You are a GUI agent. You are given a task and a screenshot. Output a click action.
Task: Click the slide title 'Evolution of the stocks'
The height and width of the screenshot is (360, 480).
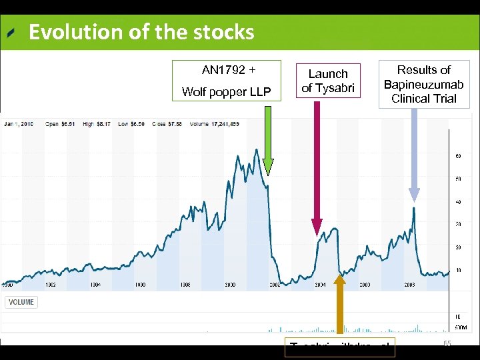[141, 32]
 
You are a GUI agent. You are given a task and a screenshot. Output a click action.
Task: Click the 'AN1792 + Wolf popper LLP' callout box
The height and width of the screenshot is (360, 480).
[227, 80]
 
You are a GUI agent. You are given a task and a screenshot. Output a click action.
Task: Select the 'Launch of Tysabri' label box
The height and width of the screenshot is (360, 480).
[328, 80]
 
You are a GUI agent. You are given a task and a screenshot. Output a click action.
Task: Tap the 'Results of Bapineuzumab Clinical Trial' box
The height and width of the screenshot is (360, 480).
[423, 84]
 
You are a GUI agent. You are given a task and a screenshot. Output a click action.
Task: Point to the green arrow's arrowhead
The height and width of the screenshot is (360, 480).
[267, 170]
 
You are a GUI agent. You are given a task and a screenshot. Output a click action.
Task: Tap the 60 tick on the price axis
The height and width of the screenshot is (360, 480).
[459, 156]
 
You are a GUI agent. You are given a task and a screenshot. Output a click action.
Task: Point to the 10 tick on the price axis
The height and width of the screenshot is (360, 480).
[459, 270]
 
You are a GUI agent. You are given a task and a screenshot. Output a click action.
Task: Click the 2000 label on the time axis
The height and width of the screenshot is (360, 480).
[229, 285]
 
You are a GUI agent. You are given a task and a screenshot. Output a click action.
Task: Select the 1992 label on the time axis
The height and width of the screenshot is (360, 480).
[51, 285]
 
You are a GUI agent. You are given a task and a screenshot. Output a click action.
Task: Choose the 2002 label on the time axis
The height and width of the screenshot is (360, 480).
[275, 285]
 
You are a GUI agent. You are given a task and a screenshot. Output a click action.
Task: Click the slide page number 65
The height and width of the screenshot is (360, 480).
[447, 343]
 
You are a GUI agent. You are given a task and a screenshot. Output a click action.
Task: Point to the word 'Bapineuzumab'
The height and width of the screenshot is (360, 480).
[423, 84]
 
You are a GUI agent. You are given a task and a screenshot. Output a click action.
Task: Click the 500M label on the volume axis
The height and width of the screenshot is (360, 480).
[461, 328]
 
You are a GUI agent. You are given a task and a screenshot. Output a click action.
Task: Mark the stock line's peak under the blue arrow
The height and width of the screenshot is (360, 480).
[414, 208]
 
